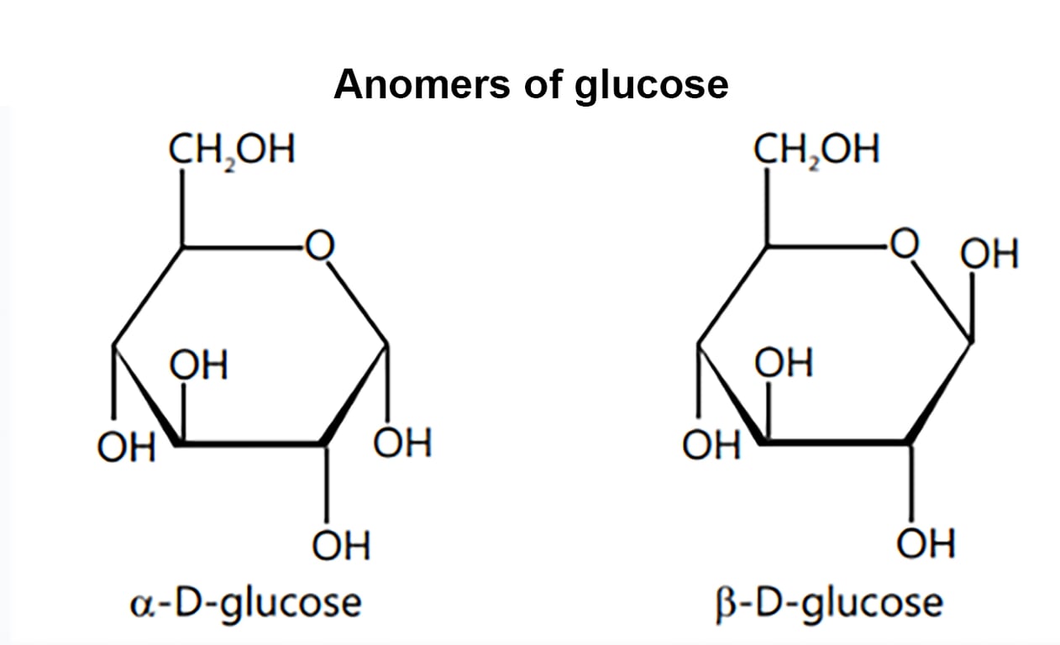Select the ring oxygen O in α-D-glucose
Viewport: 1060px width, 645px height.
[319, 246]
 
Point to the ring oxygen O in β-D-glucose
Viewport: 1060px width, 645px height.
[905, 246]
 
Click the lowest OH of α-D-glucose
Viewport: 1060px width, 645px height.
[341, 545]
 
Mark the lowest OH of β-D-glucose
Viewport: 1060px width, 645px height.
[926, 545]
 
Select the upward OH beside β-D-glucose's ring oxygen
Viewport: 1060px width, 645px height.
[990, 254]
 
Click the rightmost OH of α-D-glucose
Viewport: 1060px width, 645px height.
[403, 443]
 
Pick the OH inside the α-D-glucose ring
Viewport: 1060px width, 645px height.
[198, 365]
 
